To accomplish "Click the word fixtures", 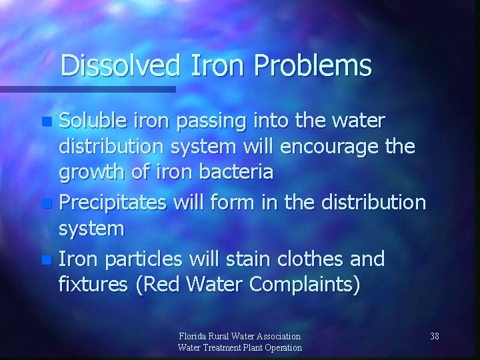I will pos(93,284).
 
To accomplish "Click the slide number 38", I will pos(434,335).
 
